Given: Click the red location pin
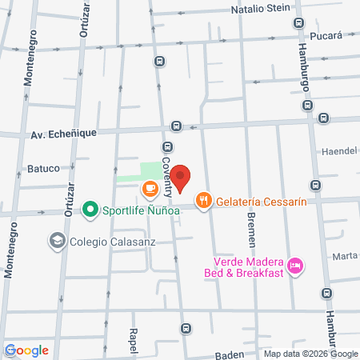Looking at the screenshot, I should [x=182, y=178].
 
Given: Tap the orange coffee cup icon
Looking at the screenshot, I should [x=149, y=189].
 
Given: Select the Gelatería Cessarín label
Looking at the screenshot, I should [x=262, y=202].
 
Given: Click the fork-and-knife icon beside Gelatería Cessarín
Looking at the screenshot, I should [x=205, y=201].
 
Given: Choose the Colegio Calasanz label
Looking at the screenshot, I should [x=111, y=239].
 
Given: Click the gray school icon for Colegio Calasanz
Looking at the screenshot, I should [x=57, y=239].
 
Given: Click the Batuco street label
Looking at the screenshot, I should [x=45, y=168].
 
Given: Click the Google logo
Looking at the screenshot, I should [x=26, y=350].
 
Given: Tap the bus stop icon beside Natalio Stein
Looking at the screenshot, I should [x=298, y=23].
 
